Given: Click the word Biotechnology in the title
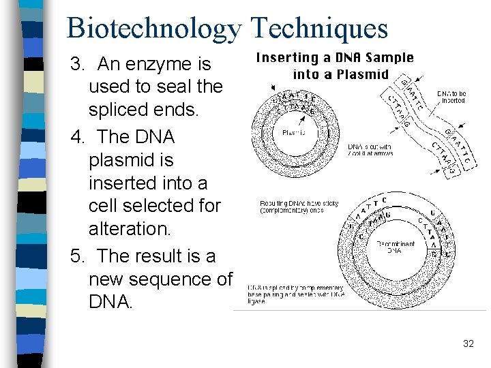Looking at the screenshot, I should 154,29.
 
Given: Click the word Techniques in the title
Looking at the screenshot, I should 318,29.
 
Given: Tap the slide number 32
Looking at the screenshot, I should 468,343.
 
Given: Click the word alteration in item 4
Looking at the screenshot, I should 130,229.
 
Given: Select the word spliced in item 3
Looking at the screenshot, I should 121,110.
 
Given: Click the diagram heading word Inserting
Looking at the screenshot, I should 286,58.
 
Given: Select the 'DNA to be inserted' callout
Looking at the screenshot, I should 451,97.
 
